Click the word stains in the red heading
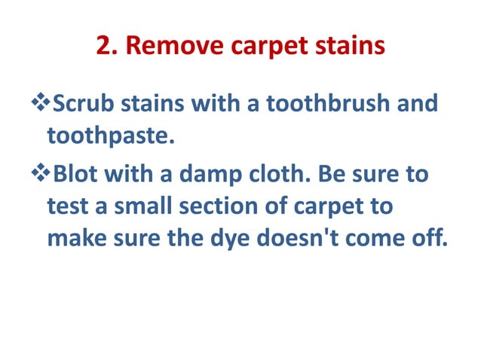pos(348,47)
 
